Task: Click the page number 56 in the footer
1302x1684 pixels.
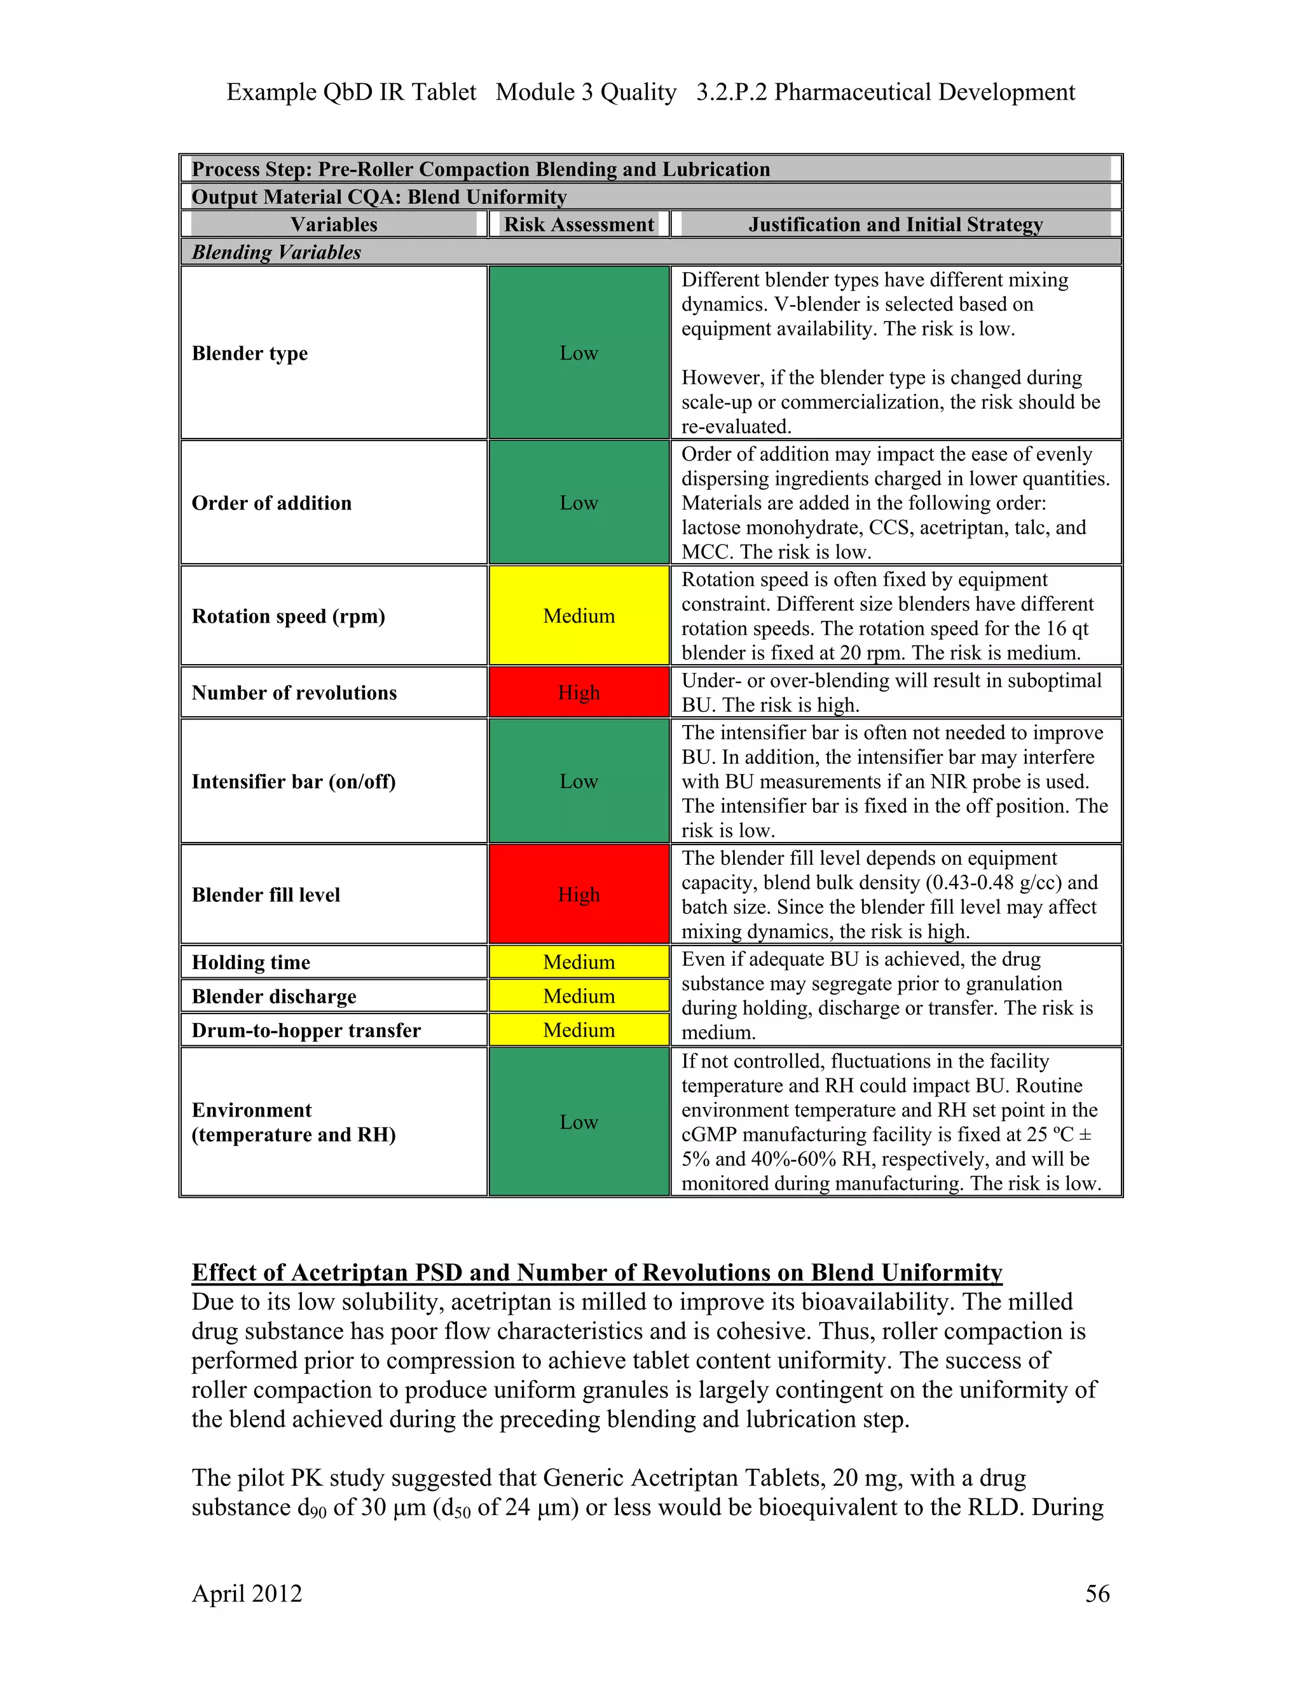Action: click(x=1097, y=1593)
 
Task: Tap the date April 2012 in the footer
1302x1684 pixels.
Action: click(x=247, y=1593)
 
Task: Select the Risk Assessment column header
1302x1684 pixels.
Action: click(x=579, y=224)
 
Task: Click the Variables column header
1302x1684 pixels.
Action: click(x=334, y=224)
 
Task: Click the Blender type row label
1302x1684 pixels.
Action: click(x=249, y=353)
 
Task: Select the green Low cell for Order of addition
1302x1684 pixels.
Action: click(x=579, y=503)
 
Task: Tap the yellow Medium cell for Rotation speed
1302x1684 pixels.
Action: click(x=579, y=616)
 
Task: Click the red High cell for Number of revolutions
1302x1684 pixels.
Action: click(x=579, y=693)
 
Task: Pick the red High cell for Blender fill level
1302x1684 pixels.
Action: click(x=579, y=895)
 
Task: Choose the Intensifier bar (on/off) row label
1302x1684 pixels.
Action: click(x=293, y=782)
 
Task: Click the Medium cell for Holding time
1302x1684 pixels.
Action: click(x=579, y=962)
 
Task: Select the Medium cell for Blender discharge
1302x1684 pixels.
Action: click(x=579, y=996)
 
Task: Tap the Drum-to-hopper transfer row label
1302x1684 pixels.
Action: click(x=306, y=1030)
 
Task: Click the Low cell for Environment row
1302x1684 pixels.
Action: click(x=579, y=1122)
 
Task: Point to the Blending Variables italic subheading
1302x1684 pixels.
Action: click(x=276, y=252)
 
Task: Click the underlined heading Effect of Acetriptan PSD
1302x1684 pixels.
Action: click(x=596, y=1272)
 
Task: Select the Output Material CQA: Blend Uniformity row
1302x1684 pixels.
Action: click(x=379, y=196)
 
